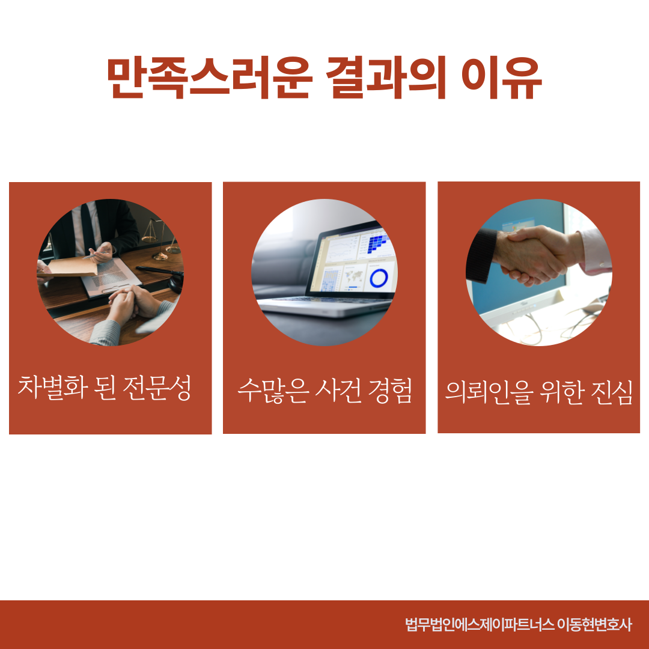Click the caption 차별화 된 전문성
click(105, 388)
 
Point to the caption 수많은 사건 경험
click(324, 391)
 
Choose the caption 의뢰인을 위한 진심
click(538, 391)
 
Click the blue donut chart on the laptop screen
click(379, 278)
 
